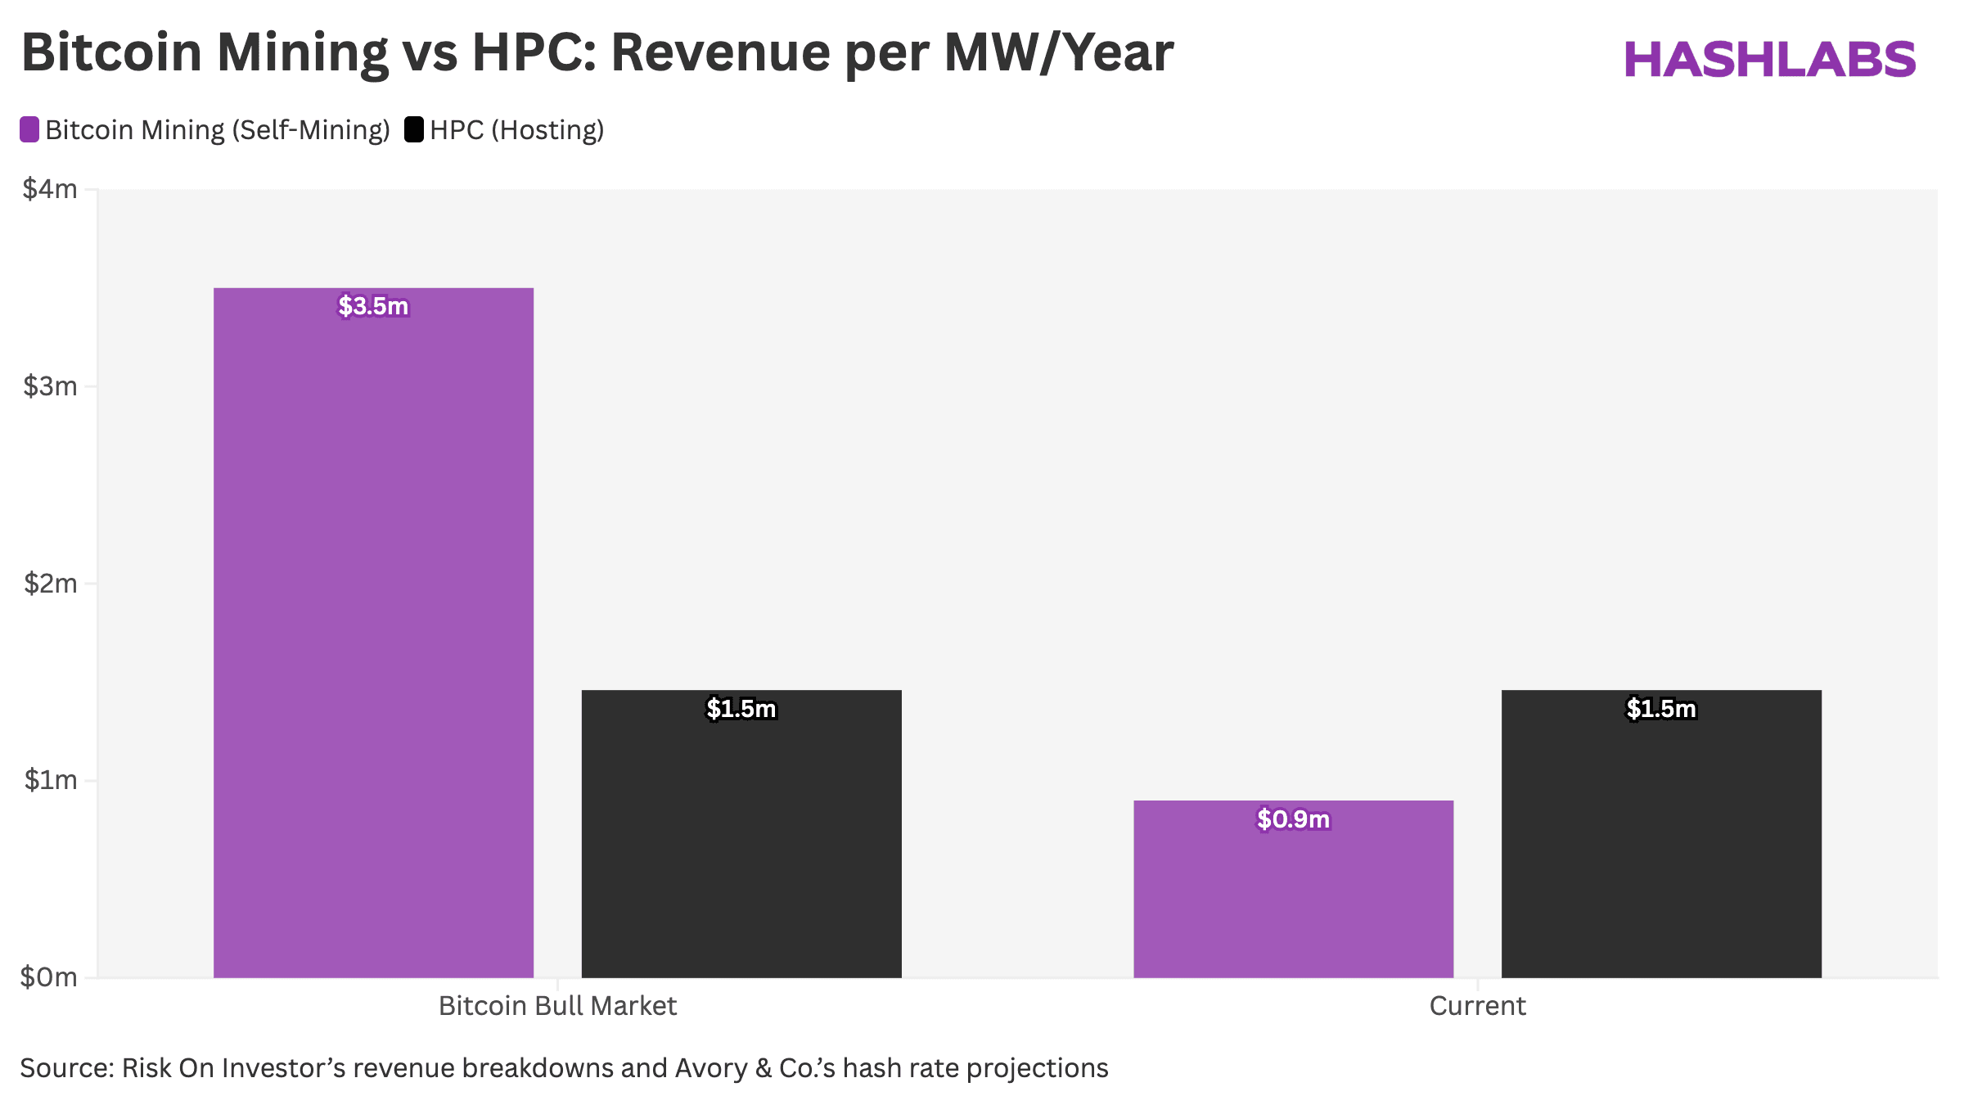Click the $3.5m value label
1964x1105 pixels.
pos(373,306)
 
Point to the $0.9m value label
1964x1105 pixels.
pos(1293,819)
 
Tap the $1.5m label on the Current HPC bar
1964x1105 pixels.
pos(1661,708)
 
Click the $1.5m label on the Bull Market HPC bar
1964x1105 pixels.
pos(741,708)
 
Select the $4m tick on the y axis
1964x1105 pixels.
pos(50,189)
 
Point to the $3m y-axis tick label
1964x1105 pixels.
pos(50,386)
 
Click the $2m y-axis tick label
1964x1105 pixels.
pos(50,583)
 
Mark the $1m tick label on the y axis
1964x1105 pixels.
pos(50,779)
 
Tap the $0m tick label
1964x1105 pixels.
pos(49,976)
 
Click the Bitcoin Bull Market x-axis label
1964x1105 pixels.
pos(557,1005)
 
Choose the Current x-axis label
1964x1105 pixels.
pos(1477,1005)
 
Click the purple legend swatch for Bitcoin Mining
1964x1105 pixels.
pos(29,129)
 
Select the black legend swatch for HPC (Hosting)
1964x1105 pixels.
pos(414,129)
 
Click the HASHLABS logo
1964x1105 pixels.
pos(1769,59)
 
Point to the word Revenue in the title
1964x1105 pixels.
pos(720,52)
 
